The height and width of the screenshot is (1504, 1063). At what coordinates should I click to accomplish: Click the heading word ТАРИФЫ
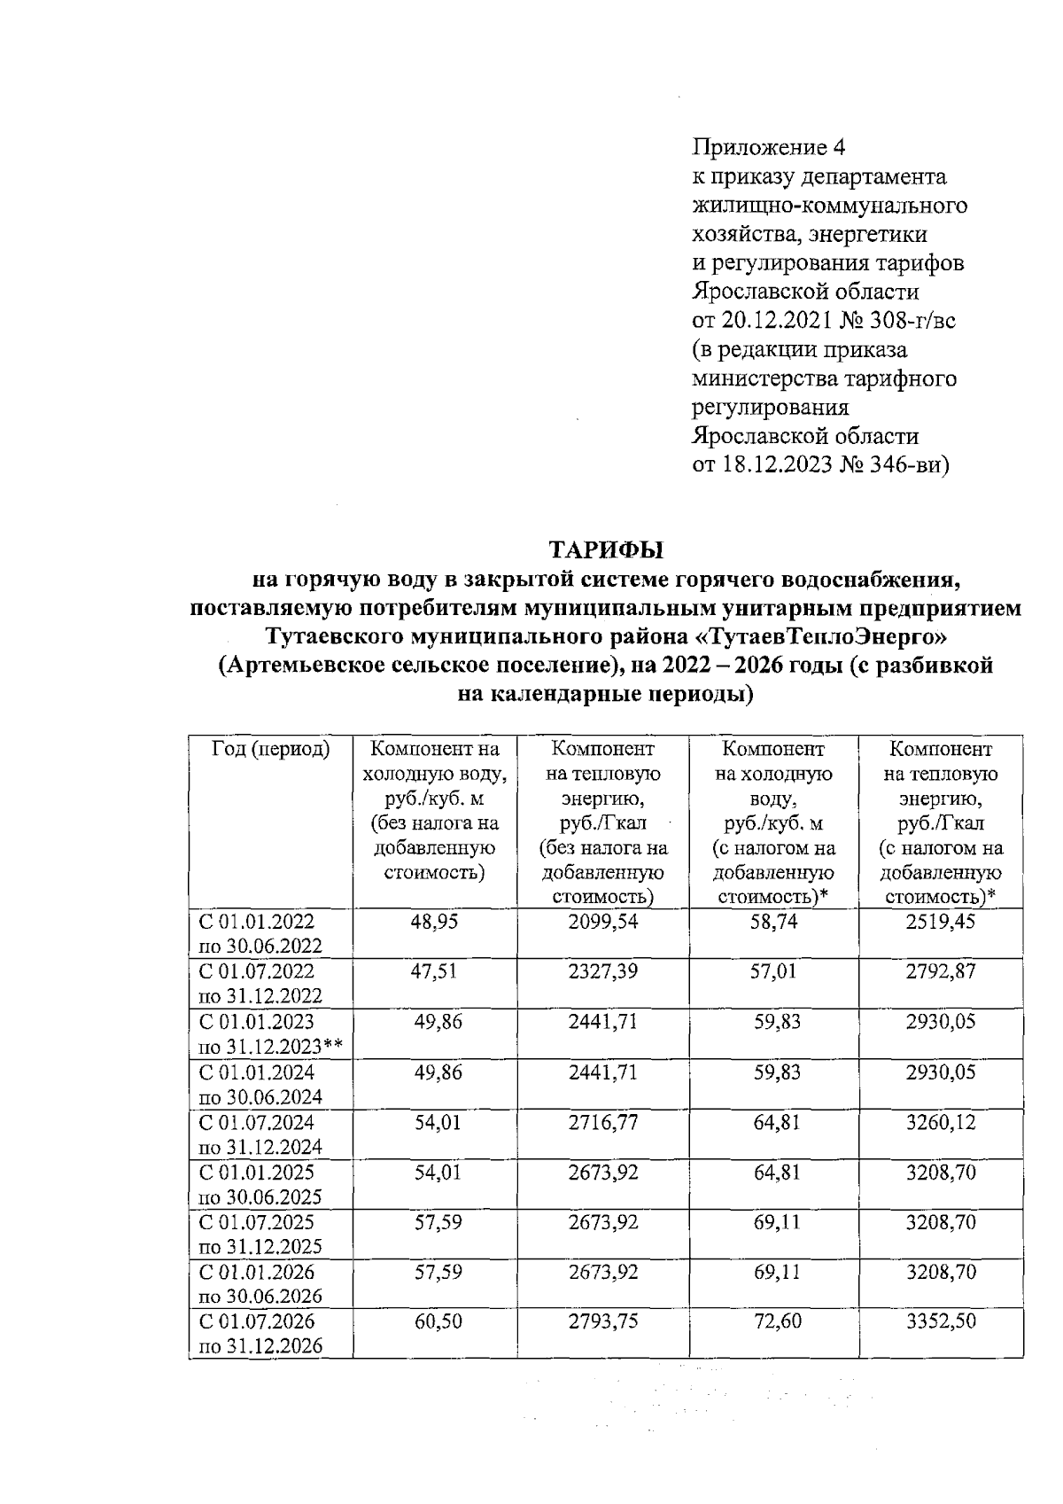[607, 550]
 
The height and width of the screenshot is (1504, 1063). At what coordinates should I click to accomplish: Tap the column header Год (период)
[270, 750]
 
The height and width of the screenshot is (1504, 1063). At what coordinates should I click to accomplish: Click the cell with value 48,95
[434, 923]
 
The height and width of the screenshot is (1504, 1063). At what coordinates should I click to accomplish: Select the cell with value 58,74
[773, 923]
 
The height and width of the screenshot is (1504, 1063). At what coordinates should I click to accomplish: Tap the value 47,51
[434, 972]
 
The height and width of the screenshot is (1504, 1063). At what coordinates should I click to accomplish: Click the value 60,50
[434, 1322]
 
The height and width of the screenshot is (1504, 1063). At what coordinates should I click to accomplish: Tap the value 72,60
[773, 1322]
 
